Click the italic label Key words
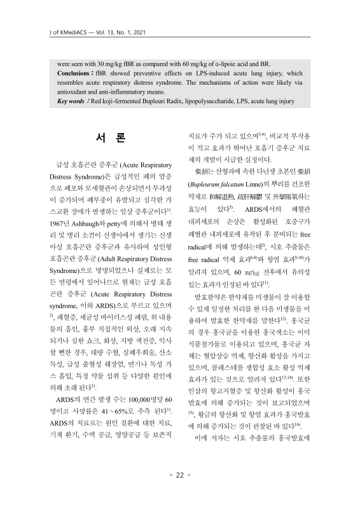pyautogui.click(x=73, y=101)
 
